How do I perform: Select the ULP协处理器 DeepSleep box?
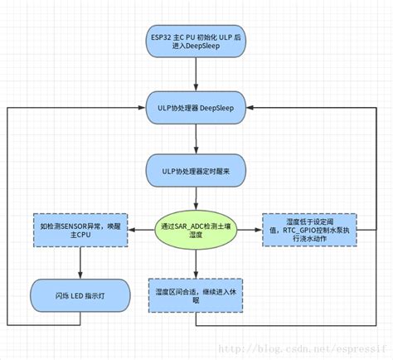coord(196,107)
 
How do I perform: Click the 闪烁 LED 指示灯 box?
coord(80,294)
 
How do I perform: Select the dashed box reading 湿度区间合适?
coord(196,294)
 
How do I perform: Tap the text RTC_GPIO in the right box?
coord(308,230)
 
